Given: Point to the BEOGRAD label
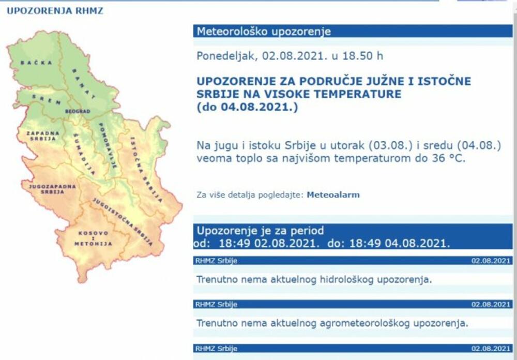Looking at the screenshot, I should tap(78, 111).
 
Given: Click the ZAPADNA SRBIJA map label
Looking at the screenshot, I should tap(43, 136).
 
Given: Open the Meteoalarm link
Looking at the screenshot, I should tap(333, 195).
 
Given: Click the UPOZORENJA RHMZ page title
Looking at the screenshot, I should tap(55, 11).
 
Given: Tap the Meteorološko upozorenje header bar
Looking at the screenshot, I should tap(353, 31).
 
